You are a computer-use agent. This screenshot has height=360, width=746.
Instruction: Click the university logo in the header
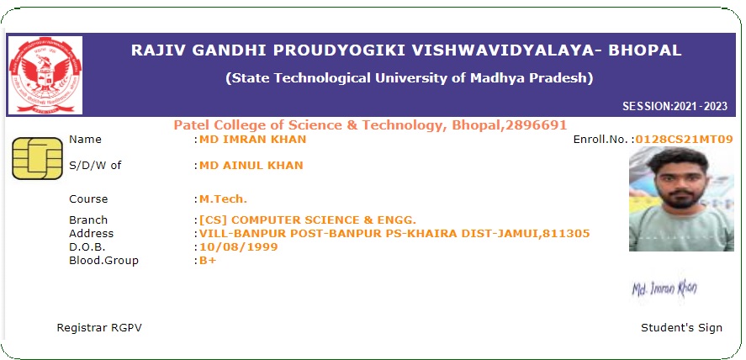(x=45, y=75)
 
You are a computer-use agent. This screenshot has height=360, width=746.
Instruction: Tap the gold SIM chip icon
(x=37, y=159)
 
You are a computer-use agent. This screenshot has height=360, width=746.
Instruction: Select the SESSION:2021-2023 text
(x=675, y=107)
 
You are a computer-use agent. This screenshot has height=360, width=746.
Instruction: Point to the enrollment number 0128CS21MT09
(x=684, y=140)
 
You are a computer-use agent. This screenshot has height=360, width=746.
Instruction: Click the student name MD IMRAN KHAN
(x=252, y=140)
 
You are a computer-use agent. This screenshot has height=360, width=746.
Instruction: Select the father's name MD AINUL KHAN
(x=251, y=166)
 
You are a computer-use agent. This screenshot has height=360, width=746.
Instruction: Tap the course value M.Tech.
(x=223, y=199)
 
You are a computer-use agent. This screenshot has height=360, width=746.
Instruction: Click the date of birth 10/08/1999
(x=238, y=247)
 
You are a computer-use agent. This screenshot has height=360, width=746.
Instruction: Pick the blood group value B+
(x=208, y=261)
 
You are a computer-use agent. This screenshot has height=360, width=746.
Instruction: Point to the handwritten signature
(x=664, y=287)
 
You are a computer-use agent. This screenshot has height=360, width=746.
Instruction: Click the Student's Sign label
(x=681, y=328)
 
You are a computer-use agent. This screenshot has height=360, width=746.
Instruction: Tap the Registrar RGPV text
(x=99, y=328)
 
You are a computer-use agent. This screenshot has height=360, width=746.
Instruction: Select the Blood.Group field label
(x=103, y=261)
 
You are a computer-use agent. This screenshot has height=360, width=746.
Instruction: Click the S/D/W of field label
(x=95, y=166)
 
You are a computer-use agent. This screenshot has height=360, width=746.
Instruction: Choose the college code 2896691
(x=537, y=125)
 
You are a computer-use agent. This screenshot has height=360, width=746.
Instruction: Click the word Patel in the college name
(x=191, y=125)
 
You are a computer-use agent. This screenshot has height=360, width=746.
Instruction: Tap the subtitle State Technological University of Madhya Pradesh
(x=409, y=78)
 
